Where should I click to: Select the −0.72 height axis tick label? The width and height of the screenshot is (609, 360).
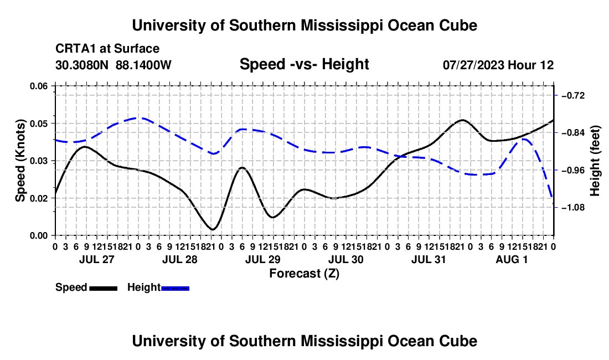tap(573, 95)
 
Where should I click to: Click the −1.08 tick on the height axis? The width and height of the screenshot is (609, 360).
tap(573, 208)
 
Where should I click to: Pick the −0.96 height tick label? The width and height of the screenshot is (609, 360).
tap(573, 171)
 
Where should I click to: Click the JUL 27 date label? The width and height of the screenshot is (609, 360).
tap(97, 259)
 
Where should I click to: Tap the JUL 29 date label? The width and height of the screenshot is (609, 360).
tap(263, 259)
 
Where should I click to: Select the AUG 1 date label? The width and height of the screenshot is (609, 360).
tap(512, 259)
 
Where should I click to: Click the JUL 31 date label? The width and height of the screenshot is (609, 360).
tap(429, 259)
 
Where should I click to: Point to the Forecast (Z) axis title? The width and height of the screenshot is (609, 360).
tap(304, 274)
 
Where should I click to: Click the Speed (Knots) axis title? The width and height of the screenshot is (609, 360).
tap(20, 161)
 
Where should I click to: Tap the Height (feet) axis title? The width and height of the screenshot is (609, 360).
tap(595, 161)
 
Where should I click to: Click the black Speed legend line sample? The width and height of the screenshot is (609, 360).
tap(104, 289)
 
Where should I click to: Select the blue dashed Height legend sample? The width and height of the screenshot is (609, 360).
tap(175, 289)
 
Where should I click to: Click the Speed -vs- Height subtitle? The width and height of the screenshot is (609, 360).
tap(304, 64)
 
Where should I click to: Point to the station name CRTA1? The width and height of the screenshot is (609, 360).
tap(75, 49)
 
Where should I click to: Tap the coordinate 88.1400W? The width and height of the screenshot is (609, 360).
tap(143, 65)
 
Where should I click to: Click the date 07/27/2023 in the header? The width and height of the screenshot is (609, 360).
tap(474, 65)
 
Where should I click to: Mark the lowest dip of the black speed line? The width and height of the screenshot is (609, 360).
tap(213, 229)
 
